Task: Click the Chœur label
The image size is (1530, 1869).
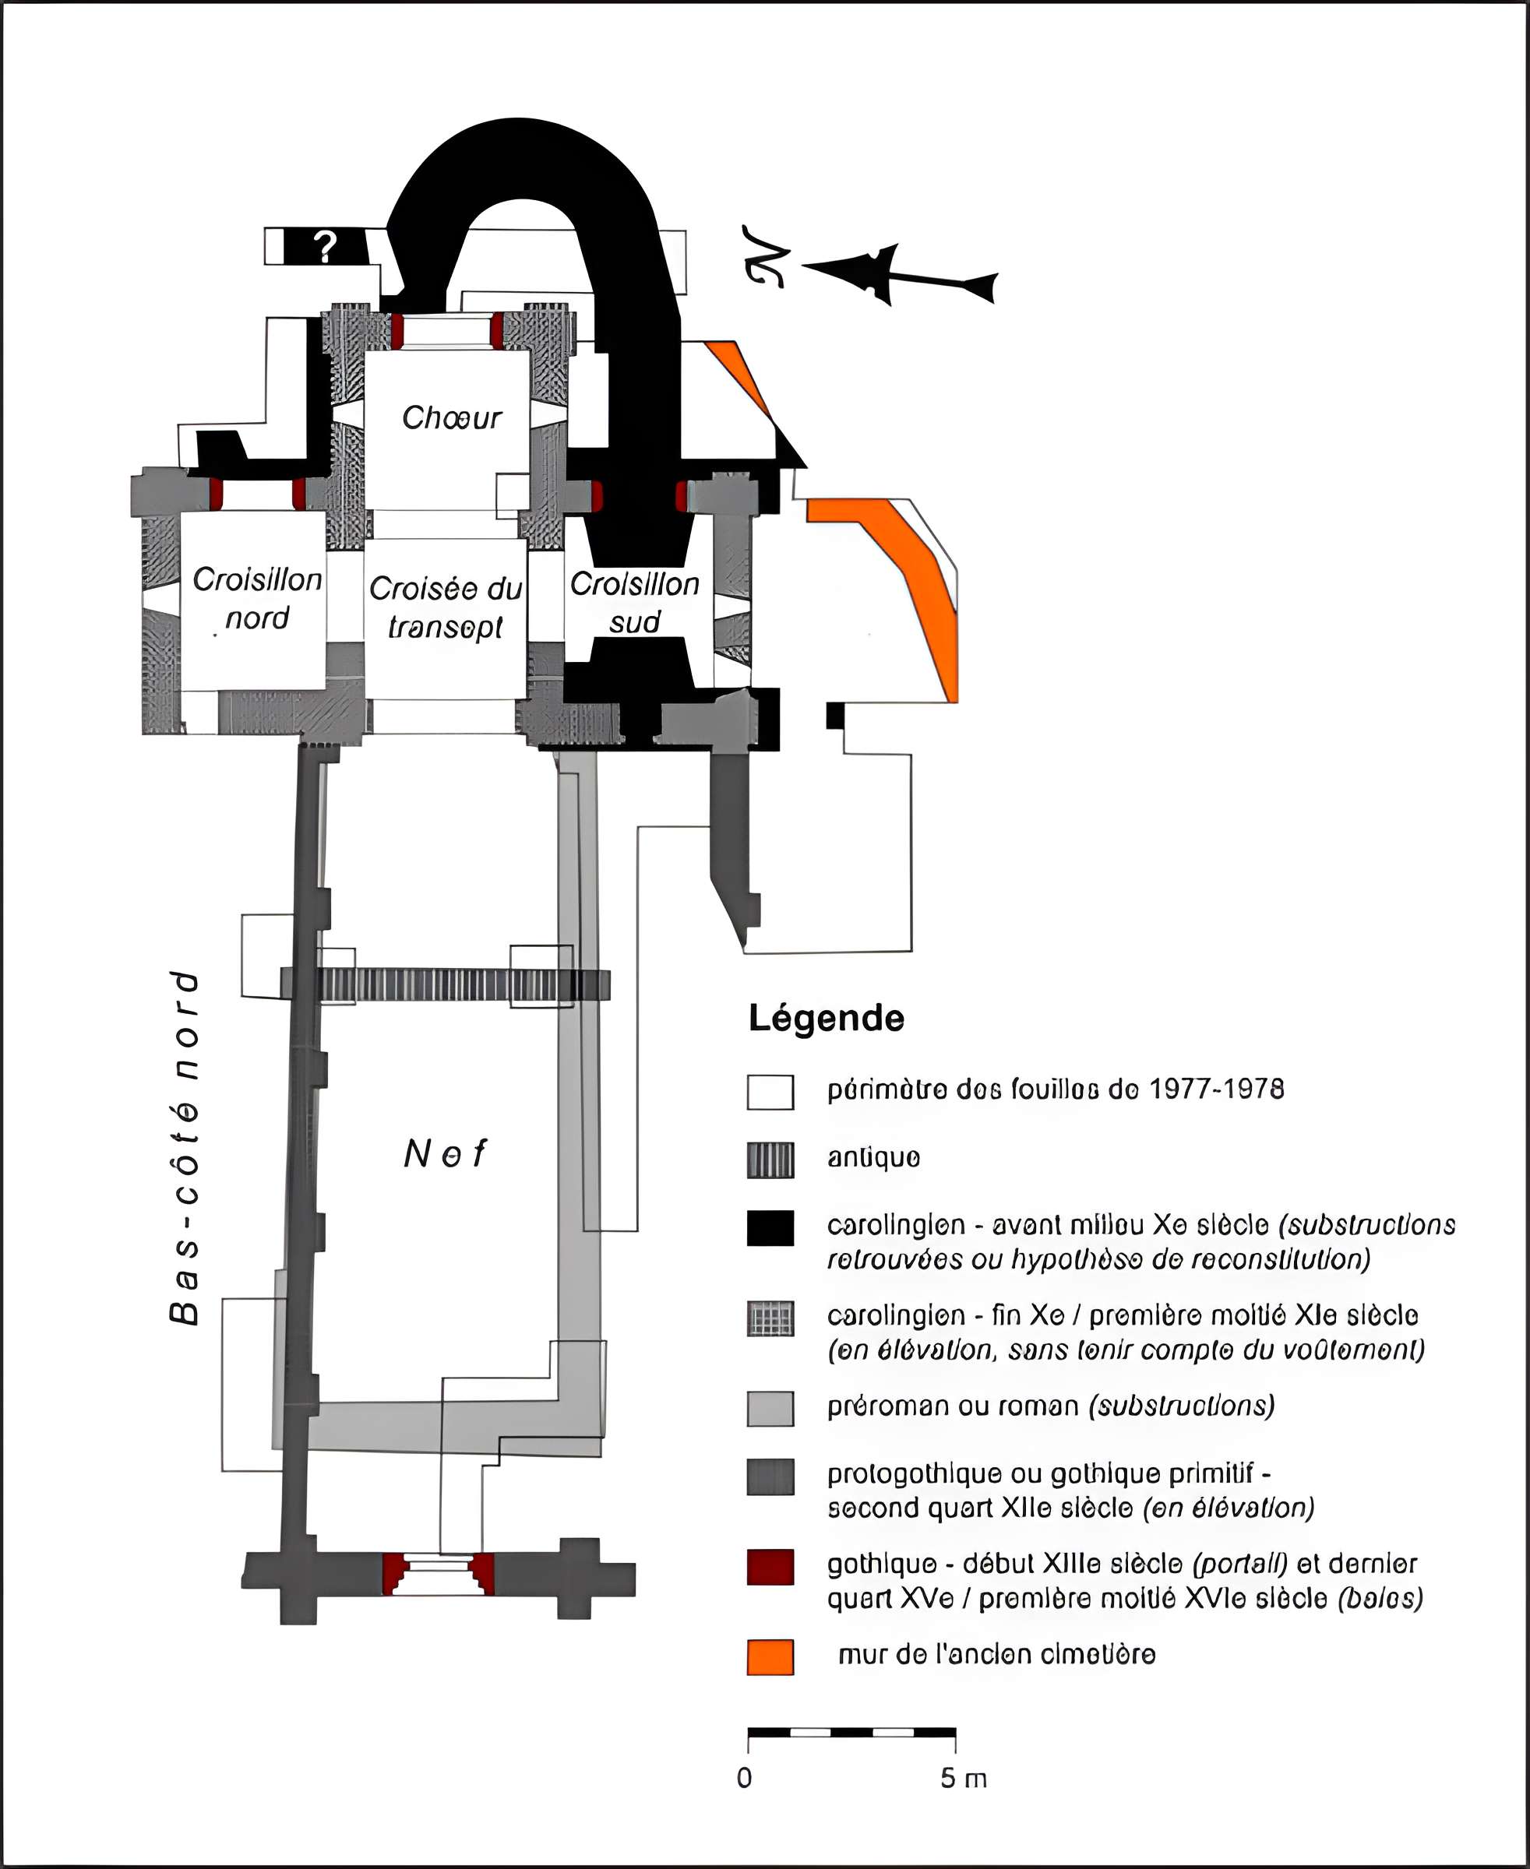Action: coord(451,417)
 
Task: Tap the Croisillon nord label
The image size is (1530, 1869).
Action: coord(256,598)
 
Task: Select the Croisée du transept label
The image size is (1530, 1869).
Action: coord(445,607)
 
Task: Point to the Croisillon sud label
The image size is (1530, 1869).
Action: coord(635,602)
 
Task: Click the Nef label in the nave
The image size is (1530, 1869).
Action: coord(445,1153)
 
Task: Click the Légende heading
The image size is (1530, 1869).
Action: coord(826,1019)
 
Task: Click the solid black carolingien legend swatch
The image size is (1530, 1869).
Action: coord(770,1228)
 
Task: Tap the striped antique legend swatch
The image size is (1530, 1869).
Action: coord(770,1160)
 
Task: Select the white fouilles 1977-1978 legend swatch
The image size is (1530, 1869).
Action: coord(770,1092)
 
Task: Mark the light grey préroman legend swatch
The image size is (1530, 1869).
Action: coord(770,1408)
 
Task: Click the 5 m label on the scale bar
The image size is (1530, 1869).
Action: coord(962,1778)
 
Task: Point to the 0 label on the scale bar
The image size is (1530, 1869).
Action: coord(745,1778)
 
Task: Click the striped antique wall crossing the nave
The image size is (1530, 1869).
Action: coord(445,984)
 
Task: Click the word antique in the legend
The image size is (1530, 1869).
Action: coord(873,1158)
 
